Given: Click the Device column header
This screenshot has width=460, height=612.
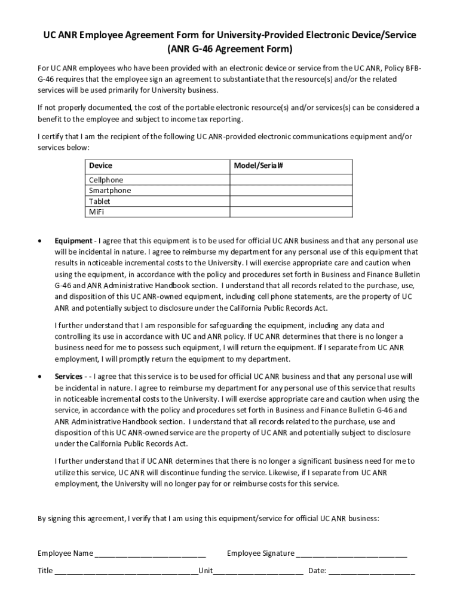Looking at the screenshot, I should [x=100, y=165].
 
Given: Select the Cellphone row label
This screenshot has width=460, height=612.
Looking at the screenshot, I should [x=106, y=180].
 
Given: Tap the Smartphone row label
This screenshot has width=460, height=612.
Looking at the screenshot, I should [x=110, y=191].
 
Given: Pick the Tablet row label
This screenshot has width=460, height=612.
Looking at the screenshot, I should [x=99, y=201].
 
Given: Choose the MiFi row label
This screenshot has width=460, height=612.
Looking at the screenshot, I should [x=96, y=212].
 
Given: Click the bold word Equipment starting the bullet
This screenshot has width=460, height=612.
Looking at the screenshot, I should [x=73, y=241].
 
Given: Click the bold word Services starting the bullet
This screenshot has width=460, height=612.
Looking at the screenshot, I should [x=69, y=377].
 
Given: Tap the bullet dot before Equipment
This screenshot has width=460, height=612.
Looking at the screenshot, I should [x=39, y=241].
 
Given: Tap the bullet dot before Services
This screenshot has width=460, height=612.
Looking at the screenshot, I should [x=39, y=377].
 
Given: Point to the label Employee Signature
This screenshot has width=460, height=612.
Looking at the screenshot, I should [x=260, y=553].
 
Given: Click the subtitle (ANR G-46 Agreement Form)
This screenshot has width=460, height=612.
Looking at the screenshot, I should [x=230, y=48].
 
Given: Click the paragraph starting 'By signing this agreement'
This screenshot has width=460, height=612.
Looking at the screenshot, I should [x=208, y=519].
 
